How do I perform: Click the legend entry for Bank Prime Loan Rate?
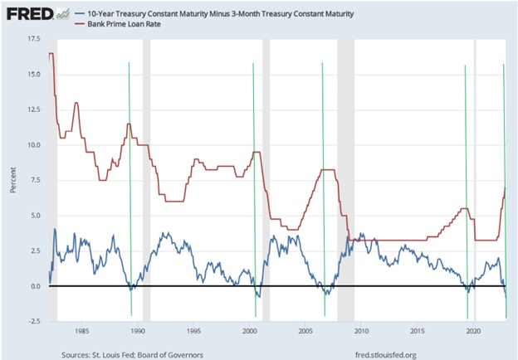point(122,26)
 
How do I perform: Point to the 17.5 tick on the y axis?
point(33,39)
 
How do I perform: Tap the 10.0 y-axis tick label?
point(33,145)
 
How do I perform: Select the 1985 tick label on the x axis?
point(81,330)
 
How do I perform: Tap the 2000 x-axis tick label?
point(249,330)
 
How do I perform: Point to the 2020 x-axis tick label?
point(473,330)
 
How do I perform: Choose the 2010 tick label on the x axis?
point(361,330)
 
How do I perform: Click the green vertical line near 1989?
point(129,182)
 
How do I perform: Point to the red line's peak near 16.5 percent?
point(51,54)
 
